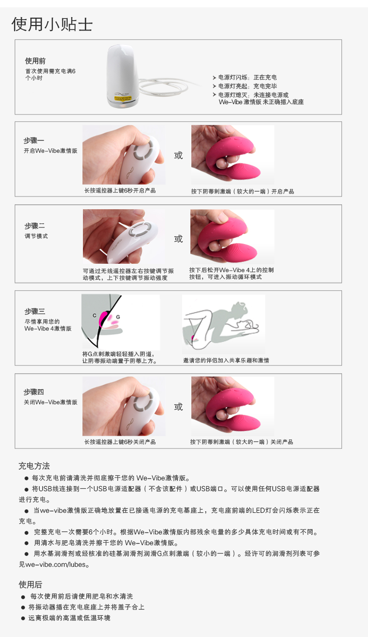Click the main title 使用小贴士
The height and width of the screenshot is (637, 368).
tap(52, 24)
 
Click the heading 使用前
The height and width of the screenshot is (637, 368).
tap(35, 61)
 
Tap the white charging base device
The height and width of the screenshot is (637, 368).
tap(122, 76)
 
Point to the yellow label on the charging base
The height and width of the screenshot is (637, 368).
tap(123, 98)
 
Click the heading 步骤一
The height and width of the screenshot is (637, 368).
tap(34, 140)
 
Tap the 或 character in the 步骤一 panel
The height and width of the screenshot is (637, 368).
tap(179, 155)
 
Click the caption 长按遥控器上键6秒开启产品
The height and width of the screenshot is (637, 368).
tap(120, 191)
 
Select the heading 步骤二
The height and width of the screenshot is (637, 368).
tap(35, 226)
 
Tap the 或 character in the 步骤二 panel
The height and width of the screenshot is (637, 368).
tap(179, 239)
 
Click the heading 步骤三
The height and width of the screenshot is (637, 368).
tap(35, 311)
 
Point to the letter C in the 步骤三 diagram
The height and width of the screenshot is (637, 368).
tap(95, 315)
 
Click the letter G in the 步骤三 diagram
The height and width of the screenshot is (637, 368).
tap(118, 317)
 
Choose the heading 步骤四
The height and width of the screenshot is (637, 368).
tap(34, 392)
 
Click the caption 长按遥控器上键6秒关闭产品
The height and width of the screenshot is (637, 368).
tap(120, 442)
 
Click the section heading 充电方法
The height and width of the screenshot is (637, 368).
tap(34, 466)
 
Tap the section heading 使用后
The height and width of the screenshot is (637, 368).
tap(30, 584)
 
